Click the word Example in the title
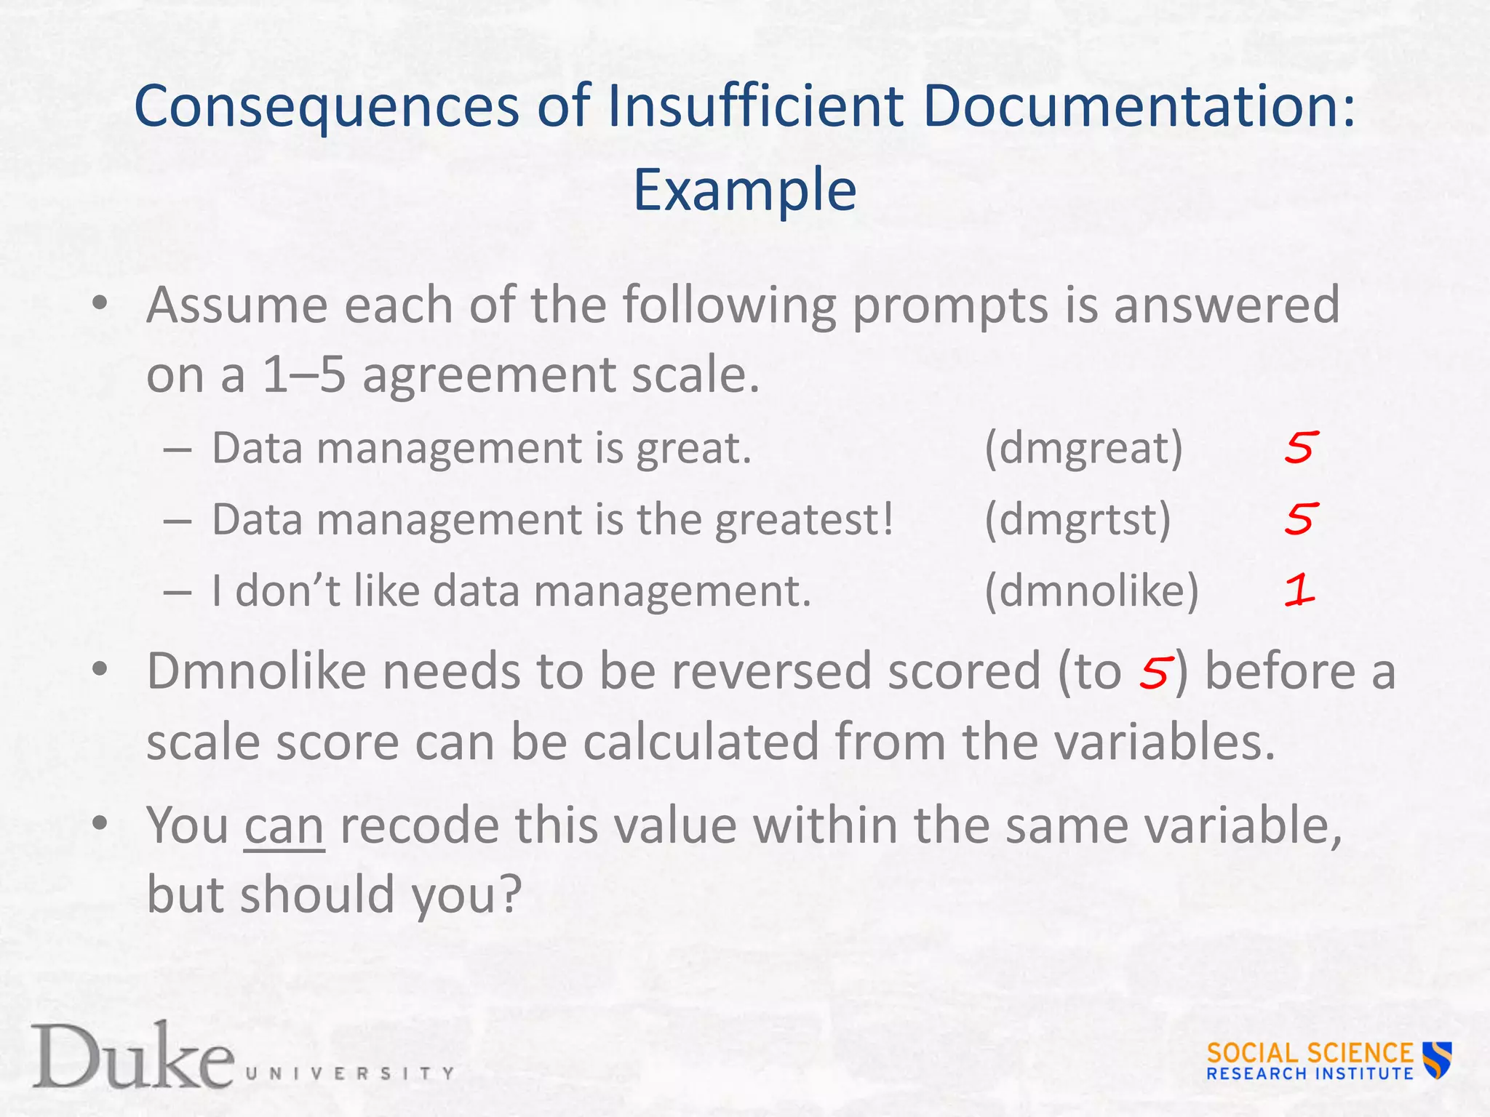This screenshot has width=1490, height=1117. (744, 190)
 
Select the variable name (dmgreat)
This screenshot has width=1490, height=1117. (1083, 448)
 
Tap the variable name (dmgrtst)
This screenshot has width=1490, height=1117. (1077, 519)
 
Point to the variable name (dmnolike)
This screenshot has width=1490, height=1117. (1091, 590)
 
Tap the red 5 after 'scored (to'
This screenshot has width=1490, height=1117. (1155, 672)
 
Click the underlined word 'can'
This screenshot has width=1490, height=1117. (284, 826)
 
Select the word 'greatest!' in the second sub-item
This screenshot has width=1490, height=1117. (804, 520)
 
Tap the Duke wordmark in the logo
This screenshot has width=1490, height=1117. (132, 1056)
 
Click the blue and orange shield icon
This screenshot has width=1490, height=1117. (1437, 1060)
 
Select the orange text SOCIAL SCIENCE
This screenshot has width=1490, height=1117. (1309, 1052)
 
